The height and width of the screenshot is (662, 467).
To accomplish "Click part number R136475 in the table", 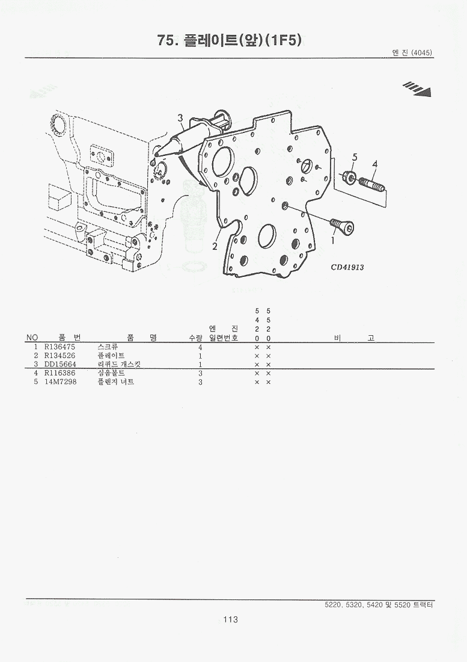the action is coord(60,347).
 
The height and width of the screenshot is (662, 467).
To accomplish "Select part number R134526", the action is coord(60,356).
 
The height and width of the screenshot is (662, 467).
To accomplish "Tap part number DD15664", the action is coord(60,364).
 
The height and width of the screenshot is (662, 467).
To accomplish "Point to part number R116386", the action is coord(60,374).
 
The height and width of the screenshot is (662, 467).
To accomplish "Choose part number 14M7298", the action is coord(60,383).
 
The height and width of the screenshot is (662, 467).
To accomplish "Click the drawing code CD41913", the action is coord(347,267).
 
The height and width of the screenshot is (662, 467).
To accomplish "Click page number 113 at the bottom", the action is coord(231,619).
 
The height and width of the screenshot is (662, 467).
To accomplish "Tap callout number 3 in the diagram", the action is coord(180,118).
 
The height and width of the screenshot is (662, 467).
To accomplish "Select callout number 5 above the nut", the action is coord(355,158).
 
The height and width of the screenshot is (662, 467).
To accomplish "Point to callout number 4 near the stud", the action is coord(374,164).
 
